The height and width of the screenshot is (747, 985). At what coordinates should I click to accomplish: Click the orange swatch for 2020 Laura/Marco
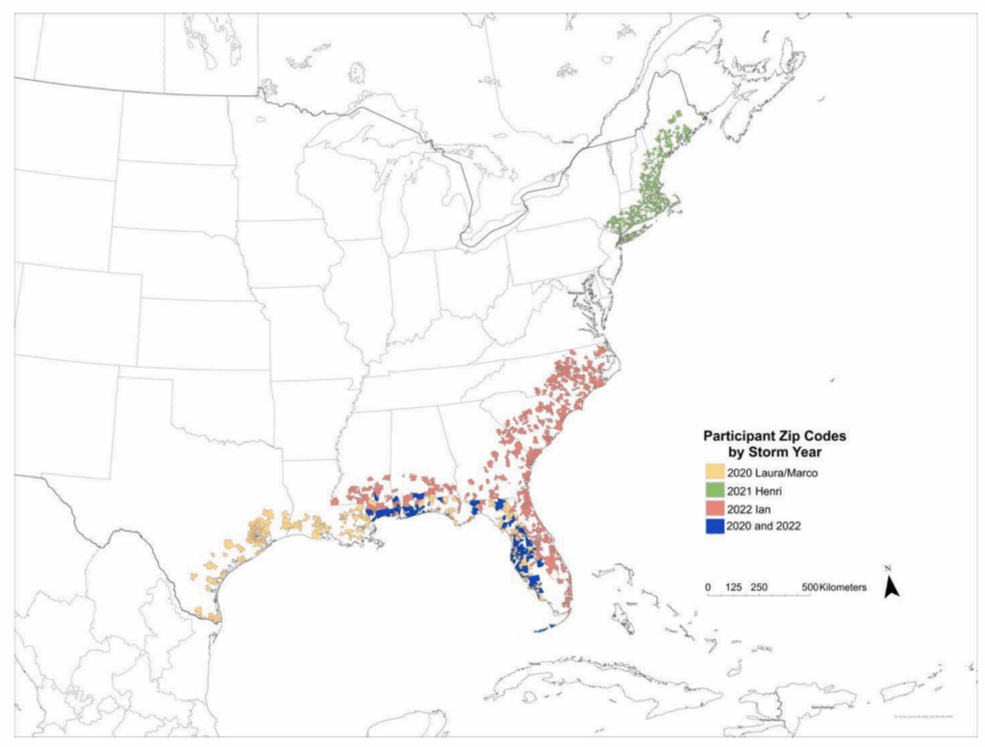[x=713, y=473]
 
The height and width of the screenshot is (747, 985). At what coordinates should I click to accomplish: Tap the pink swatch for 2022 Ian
[x=713, y=508]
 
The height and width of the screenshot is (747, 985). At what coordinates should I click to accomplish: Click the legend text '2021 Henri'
[x=757, y=491]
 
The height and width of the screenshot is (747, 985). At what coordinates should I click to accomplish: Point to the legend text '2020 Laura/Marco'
[x=774, y=473]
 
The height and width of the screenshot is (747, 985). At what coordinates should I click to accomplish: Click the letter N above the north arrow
[x=891, y=568]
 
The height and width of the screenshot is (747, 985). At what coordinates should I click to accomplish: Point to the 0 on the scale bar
[x=708, y=586]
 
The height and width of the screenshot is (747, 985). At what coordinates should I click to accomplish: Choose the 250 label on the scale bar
[x=758, y=586]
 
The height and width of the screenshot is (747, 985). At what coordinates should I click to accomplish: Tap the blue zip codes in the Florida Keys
[x=544, y=629]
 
